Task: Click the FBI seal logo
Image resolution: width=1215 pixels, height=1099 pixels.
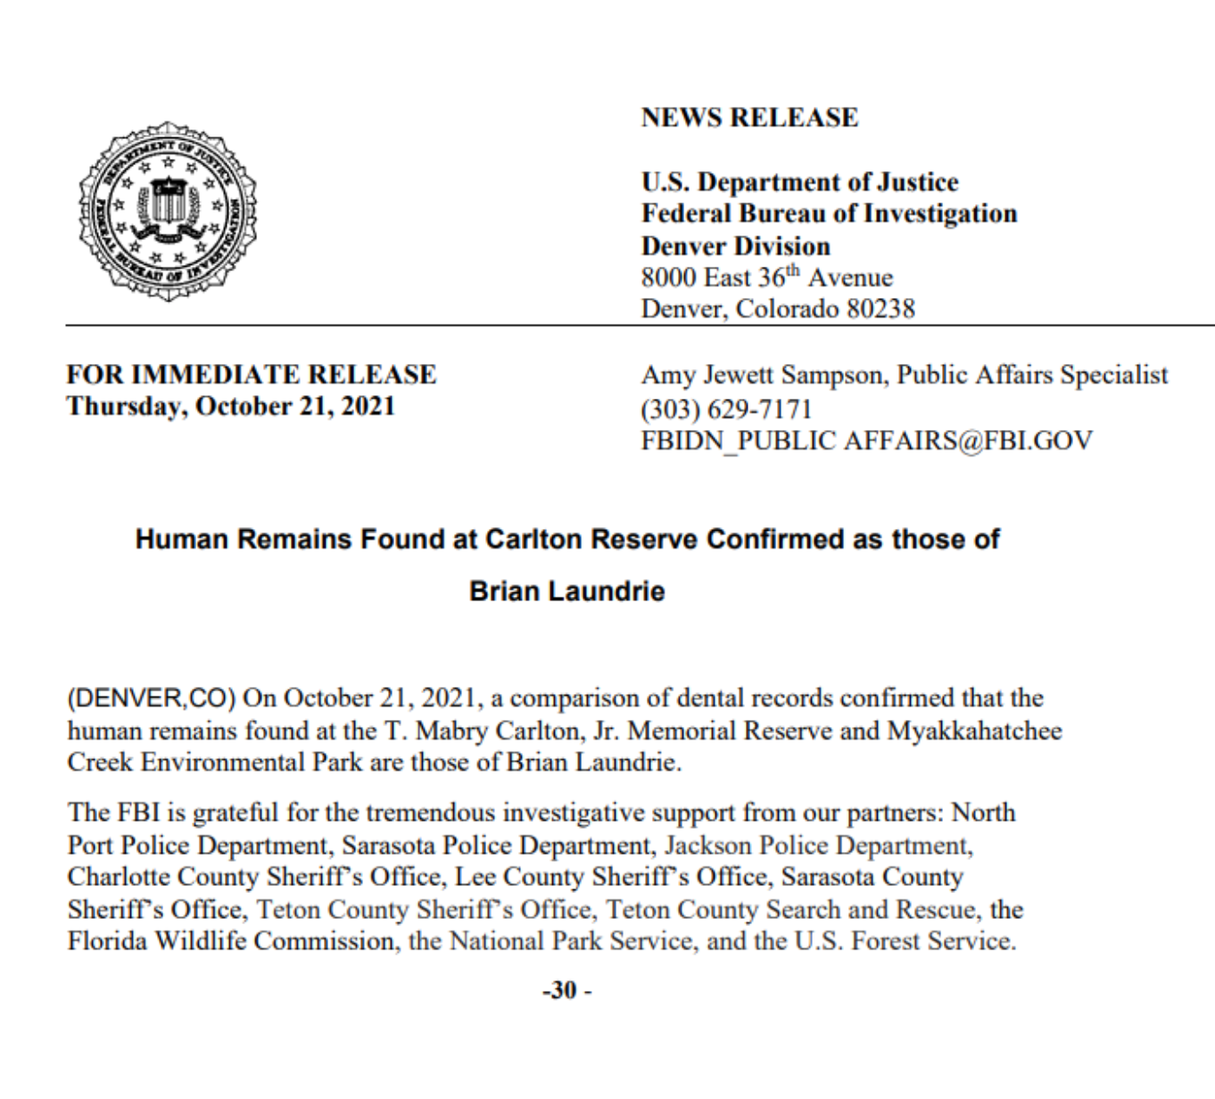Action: tap(168, 211)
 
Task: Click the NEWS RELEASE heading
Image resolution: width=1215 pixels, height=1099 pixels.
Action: tap(749, 118)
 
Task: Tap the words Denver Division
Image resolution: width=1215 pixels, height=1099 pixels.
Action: tap(735, 246)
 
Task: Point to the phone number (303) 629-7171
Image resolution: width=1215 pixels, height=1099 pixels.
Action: tap(726, 409)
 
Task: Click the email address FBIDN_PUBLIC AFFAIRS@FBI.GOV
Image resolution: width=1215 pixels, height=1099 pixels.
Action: tap(866, 441)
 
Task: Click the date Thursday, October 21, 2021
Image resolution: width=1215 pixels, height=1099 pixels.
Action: tap(230, 406)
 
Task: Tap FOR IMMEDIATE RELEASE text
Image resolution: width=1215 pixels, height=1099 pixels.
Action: tap(252, 375)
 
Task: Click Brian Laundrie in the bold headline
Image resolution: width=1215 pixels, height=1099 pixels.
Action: tap(567, 591)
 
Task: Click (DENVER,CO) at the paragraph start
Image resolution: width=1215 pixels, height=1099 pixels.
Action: tap(152, 698)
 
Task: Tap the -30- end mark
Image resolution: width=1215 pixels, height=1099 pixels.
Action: tap(567, 990)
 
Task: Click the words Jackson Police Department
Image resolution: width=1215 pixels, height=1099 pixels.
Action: tap(817, 845)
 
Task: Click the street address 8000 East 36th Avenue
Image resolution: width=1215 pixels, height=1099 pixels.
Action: tap(766, 277)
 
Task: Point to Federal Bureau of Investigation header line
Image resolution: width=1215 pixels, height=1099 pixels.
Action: tap(829, 214)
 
